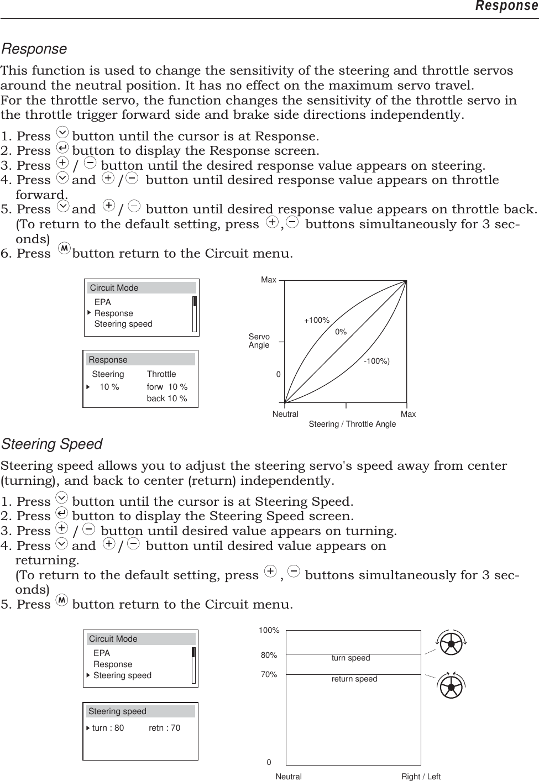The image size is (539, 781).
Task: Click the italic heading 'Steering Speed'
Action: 52,444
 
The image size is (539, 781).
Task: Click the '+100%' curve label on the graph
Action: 316,320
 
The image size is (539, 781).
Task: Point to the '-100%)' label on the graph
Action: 376,361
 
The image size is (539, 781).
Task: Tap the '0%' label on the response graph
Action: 341,332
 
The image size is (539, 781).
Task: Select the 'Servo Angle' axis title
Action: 259,340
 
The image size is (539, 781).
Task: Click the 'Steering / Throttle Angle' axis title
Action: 352,424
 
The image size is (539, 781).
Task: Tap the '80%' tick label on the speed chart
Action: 269,655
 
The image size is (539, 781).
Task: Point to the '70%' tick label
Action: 269,674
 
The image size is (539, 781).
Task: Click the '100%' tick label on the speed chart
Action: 269,630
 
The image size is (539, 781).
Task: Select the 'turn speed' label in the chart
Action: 350,658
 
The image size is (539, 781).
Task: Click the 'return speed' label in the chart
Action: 354,679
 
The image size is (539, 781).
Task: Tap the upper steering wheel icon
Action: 451,643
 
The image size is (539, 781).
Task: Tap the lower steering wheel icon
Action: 451,686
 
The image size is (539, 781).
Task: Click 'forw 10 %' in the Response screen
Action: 167,387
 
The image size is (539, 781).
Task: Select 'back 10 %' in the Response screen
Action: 166,399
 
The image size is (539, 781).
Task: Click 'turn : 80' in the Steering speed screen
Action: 108,728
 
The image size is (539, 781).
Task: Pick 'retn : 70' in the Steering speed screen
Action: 164,728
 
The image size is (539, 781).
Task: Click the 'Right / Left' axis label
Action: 421,777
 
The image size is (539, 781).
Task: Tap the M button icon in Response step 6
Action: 64,249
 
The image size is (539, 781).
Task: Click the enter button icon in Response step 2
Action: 62,148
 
